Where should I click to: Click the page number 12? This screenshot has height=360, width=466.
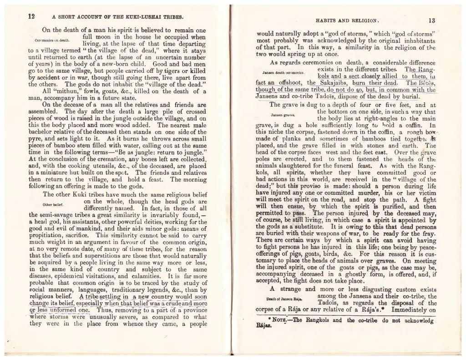click(32, 15)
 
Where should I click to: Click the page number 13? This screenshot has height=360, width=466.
click(431, 20)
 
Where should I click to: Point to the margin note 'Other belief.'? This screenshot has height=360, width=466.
click(53, 204)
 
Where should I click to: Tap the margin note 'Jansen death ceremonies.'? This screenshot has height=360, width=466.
click(284, 72)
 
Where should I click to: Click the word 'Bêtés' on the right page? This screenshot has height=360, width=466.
click(425, 83)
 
